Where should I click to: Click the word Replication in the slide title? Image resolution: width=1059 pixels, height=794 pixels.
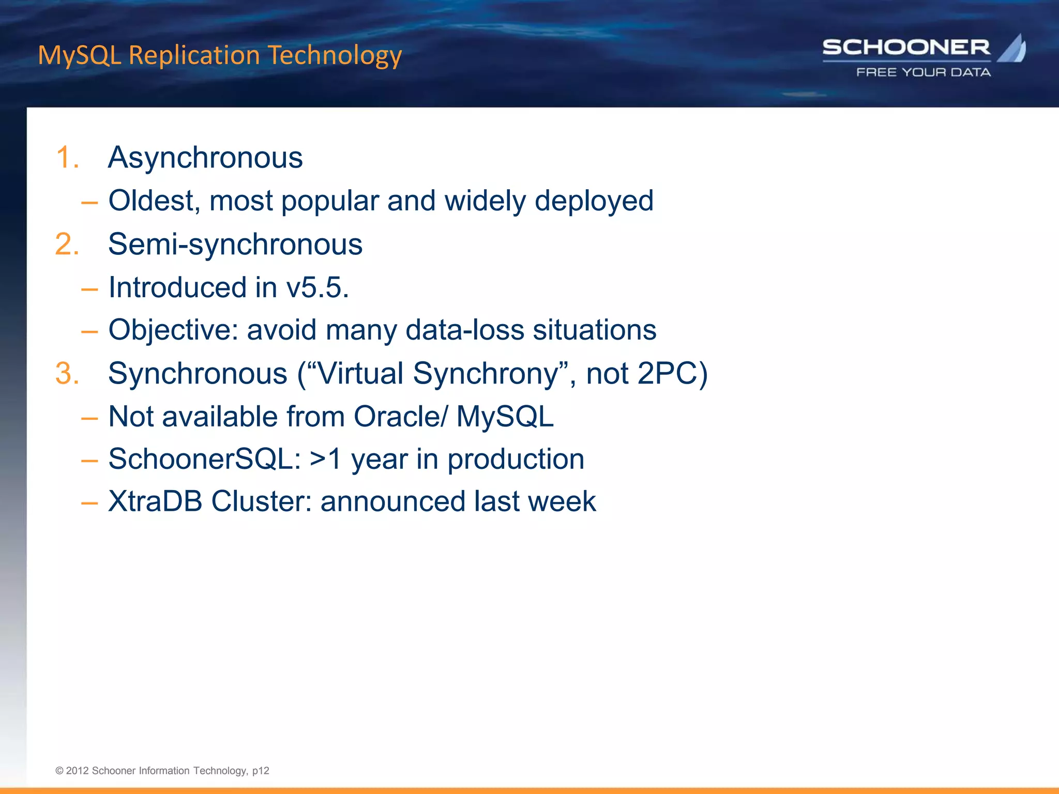pyautogui.click(x=194, y=55)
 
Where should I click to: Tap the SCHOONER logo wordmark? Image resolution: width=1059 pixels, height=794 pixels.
pyautogui.click(x=906, y=48)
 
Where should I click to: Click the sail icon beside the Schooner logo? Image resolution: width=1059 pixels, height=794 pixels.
pyautogui.click(x=1012, y=49)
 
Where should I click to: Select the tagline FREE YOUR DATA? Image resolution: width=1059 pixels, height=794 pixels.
pyautogui.click(x=924, y=72)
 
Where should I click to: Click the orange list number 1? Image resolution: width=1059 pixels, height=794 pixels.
pyautogui.click(x=67, y=157)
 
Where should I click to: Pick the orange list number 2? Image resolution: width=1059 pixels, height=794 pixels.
pyautogui.click(x=67, y=244)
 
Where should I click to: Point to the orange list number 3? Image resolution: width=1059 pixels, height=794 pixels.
pyautogui.click(x=67, y=373)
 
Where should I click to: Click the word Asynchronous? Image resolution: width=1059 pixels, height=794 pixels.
pyautogui.click(x=205, y=157)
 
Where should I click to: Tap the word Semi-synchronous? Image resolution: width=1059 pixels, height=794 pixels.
pyautogui.click(x=235, y=244)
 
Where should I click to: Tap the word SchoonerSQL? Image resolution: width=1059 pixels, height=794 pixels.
pyautogui.click(x=205, y=459)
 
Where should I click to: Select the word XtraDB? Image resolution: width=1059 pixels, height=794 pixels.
pyautogui.click(x=155, y=501)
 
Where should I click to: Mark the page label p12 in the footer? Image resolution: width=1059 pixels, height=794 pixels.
pyautogui.click(x=261, y=771)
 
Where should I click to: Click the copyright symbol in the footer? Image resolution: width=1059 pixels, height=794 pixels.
pyautogui.click(x=59, y=771)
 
